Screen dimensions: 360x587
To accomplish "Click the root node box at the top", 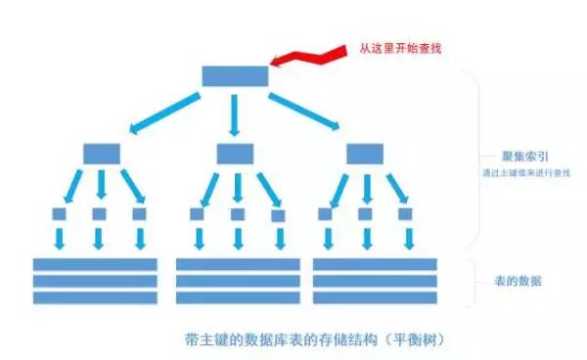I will (235, 76).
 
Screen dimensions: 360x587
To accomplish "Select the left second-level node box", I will (100, 154).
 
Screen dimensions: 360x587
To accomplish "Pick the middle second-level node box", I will (235, 154).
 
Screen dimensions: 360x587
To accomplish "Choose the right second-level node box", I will (365, 154).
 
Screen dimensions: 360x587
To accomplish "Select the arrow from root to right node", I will (304, 113).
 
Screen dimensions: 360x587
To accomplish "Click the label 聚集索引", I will (521, 157).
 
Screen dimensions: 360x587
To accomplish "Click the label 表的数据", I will (520, 281).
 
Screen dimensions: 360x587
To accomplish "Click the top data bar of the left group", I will (95, 264).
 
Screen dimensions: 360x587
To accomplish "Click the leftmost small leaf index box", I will (59, 213).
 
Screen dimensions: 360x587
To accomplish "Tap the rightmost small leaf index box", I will (403, 213).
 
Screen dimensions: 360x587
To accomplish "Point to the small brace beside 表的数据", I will (472, 281).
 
